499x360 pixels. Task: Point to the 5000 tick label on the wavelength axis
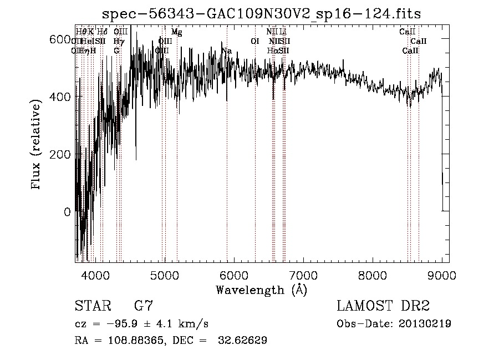click(x=164, y=274)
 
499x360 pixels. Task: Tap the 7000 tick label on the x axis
click(x=303, y=274)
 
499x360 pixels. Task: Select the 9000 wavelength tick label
click(x=441, y=274)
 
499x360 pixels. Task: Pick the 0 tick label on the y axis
click(x=67, y=212)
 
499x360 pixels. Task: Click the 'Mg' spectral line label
click(x=176, y=32)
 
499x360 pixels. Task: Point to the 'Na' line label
click(x=226, y=51)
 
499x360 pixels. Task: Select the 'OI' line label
click(x=255, y=42)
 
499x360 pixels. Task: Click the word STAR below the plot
click(x=92, y=306)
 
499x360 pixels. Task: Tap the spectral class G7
click(x=144, y=306)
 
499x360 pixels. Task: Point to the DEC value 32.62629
click(x=240, y=341)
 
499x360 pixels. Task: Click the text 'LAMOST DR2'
click(x=383, y=306)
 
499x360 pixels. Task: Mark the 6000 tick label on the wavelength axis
click(x=233, y=274)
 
